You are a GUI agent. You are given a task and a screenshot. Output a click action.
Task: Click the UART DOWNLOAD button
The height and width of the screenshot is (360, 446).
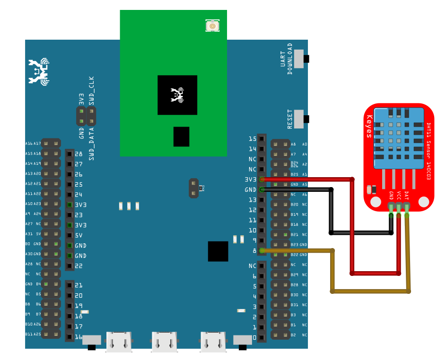300,59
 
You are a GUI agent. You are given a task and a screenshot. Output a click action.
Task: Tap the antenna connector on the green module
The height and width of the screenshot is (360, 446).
212,26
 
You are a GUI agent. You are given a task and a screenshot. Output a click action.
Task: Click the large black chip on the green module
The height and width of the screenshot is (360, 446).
177,95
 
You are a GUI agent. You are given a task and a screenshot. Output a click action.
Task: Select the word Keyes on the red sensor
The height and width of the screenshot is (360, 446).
369,126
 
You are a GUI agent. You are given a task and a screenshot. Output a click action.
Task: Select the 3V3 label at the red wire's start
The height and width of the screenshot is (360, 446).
251,180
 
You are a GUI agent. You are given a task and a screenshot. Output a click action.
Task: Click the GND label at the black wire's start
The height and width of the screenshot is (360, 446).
251,190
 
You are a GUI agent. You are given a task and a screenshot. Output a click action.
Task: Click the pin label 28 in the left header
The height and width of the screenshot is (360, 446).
79,154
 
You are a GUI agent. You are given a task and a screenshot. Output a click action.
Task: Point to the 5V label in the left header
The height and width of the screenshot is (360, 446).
79,235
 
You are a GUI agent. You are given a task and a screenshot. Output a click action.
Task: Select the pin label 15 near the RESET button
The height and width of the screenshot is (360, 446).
253,139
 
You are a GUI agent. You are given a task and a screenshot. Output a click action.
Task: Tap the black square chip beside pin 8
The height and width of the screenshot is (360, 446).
218,251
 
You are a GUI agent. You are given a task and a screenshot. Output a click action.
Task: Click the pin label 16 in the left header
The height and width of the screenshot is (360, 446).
79,337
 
